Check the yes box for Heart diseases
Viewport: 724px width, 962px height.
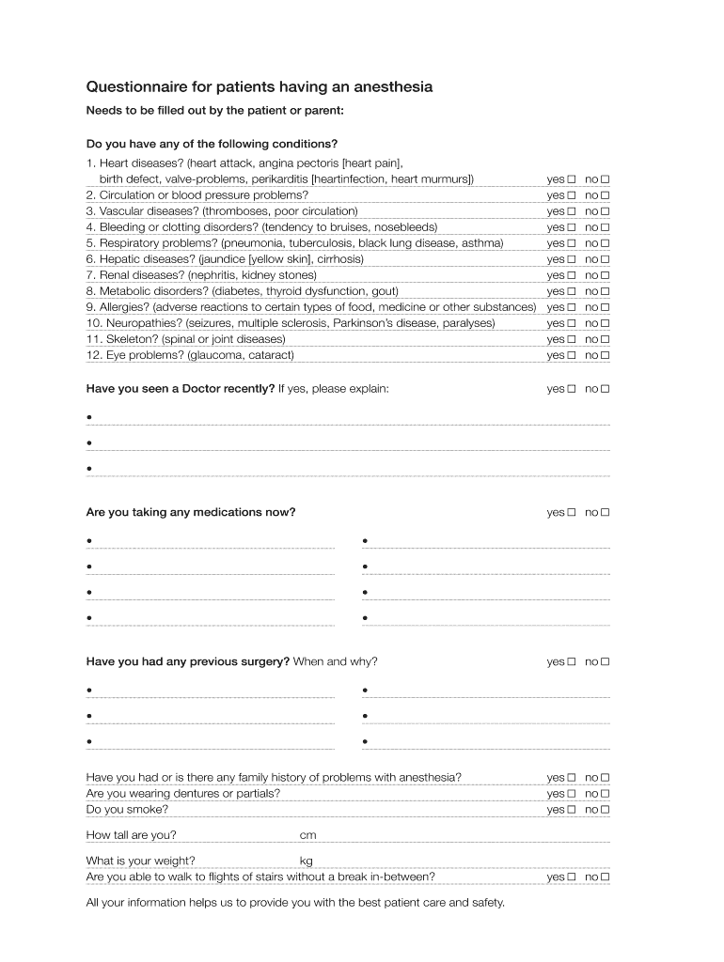pos(571,179)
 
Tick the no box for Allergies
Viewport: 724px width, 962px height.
pos(606,307)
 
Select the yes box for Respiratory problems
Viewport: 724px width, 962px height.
pos(571,243)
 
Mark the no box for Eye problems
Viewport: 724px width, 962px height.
pos(606,355)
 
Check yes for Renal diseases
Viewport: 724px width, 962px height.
pos(571,275)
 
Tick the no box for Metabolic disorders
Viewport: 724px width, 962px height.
pos(606,291)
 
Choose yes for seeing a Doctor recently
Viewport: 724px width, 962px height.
pos(571,389)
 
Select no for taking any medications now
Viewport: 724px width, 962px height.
pos(606,513)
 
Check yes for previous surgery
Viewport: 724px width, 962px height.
pos(571,662)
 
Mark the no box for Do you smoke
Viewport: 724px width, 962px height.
pos(606,810)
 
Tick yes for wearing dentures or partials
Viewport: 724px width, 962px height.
pos(571,794)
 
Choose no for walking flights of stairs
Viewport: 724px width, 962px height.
pos(606,877)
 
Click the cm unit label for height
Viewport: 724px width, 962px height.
pos(307,835)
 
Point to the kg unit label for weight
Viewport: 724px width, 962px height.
pos(306,861)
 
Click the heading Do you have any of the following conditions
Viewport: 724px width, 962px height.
pos(212,144)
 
